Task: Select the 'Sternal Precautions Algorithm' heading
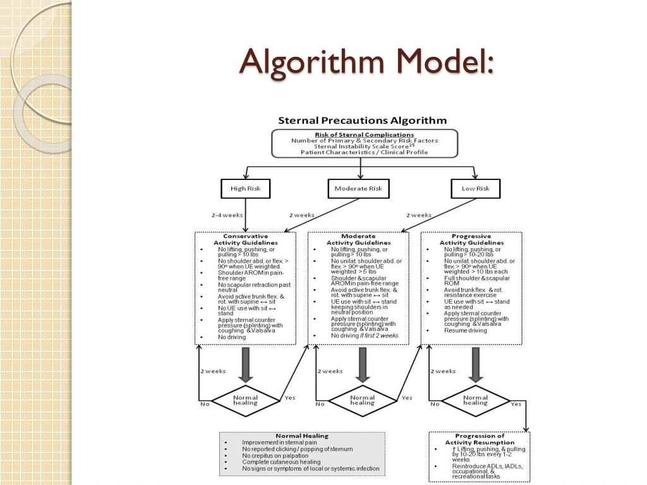click(x=363, y=121)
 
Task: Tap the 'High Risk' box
click(x=245, y=188)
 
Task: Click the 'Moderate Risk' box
click(x=358, y=188)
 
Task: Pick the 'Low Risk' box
click(x=475, y=188)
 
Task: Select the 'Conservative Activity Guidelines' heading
click(x=245, y=239)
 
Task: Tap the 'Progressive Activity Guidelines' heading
click(x=471, y=239)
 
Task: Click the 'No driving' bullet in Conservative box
click(x=232, y=337)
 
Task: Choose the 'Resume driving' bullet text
click(x=465, y=330)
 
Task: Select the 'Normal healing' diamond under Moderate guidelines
click(x=362, y=400)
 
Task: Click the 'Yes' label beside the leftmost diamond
click(x=289, y=398)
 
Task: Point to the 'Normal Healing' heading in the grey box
click(x=302, y=436)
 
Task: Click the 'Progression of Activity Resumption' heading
click(x=480, y=439)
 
